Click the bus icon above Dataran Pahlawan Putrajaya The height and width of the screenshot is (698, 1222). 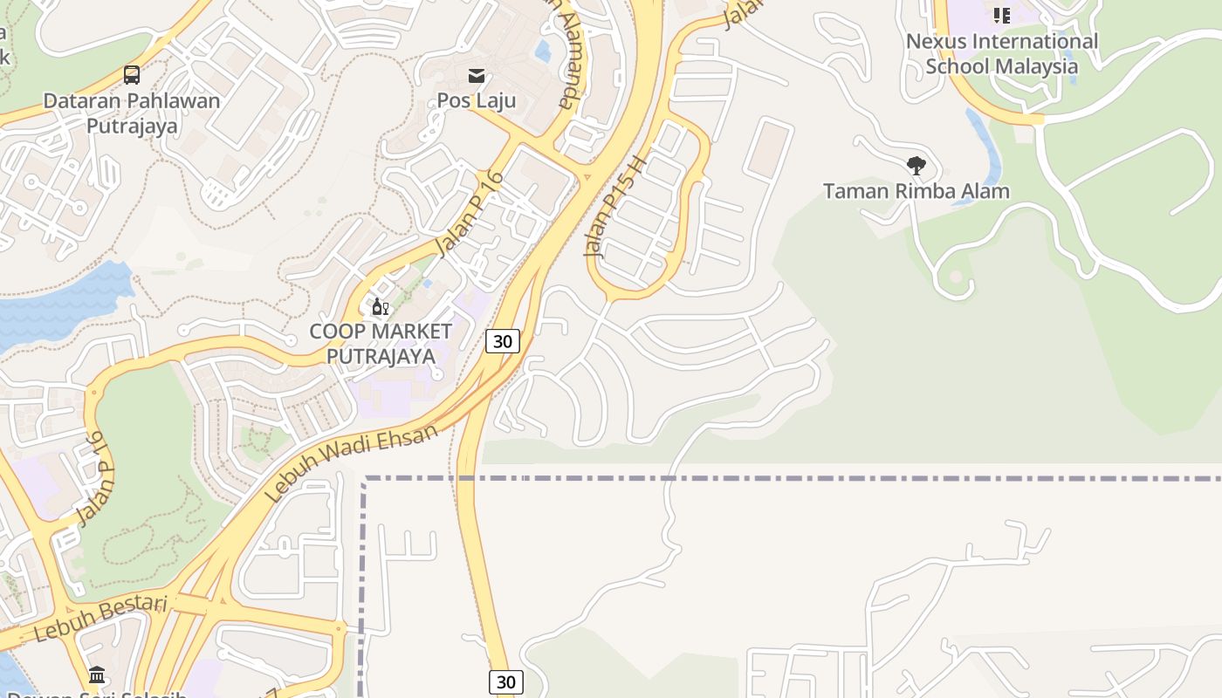point(132,75)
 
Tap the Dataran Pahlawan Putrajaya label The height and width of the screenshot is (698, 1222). point(132,113)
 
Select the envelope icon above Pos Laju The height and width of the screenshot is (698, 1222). point(477,76)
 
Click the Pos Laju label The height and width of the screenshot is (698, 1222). point(477,100)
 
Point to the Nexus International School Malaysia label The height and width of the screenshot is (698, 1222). point(1002,54)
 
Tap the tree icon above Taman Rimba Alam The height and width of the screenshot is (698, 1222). point(916,166)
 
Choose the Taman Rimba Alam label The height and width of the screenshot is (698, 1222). point(916,191)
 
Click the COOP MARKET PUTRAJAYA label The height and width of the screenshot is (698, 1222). point(381,344)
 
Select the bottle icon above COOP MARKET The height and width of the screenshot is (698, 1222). point(380,307)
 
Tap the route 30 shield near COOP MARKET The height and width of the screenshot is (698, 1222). point(503,341)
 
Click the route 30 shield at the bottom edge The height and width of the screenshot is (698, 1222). point(505,682)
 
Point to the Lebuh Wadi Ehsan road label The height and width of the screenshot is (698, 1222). point(350,463)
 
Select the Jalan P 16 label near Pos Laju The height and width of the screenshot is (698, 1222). point(470,214)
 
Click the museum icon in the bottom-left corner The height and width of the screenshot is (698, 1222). point(97,674)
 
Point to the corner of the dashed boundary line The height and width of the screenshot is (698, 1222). point(364,479)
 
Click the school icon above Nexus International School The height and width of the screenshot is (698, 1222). point(1001,15)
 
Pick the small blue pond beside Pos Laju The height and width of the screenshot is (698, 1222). point(543,50)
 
